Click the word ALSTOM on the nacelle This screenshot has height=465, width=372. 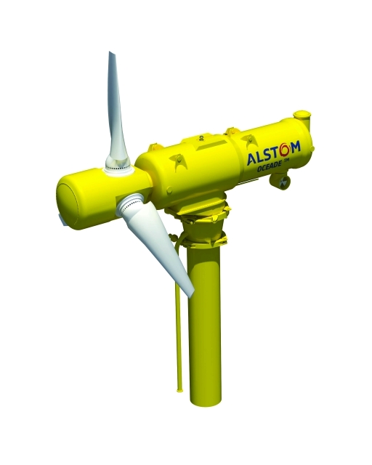(273, 153)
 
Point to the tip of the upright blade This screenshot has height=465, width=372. (110, 52)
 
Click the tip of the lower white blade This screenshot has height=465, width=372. (192, 294)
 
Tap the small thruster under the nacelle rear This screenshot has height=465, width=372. (280, 181)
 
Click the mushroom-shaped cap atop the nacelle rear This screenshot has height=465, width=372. (302, 115)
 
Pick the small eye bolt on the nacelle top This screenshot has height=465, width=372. (202, 137)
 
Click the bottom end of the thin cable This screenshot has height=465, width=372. (179, 389)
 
